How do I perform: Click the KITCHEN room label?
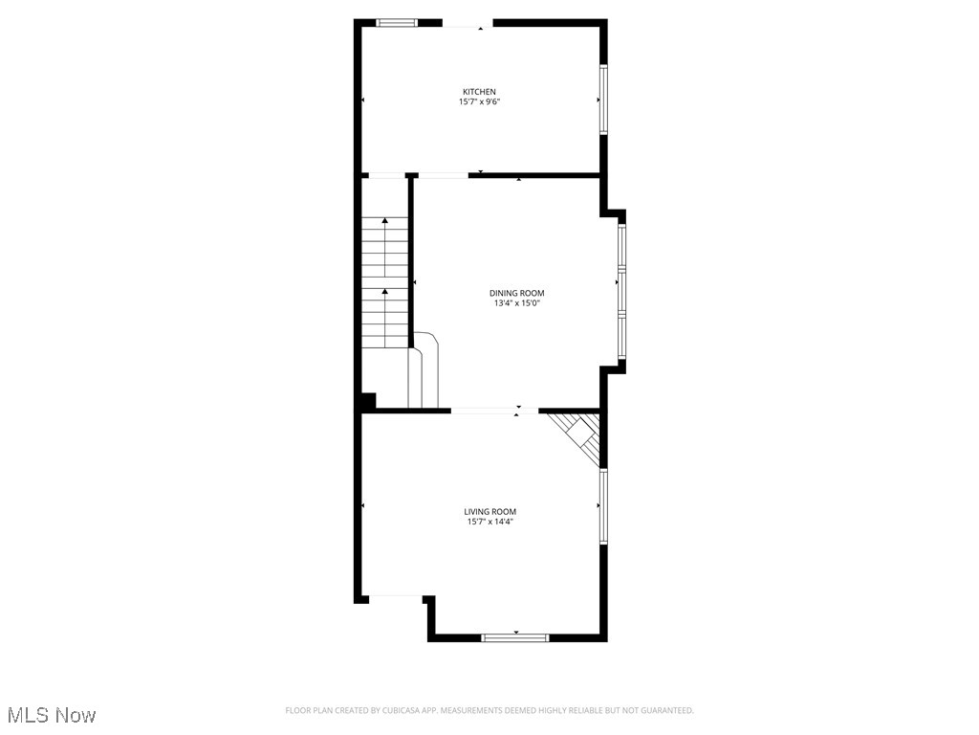pyautogui.click(x=479, y=92)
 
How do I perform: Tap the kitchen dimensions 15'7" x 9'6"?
pyautogui.click(x=479, y=101)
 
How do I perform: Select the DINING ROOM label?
pyautogui.click(x=516, y=293)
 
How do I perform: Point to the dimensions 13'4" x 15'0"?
pyautogui.click(x=516, y=303)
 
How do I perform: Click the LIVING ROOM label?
pyautogui.click(x=489, y=512)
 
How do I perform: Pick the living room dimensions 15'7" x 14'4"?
pyautogui.click(x=489, y=523)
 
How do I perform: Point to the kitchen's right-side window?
pyautogui.click(x=602, y=100)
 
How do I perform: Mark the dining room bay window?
pyautogui.click(x=621, y=291)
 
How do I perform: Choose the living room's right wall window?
pyautogui.click(x=602, y=505)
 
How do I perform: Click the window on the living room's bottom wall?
pyautogui.click(x=515, y=636)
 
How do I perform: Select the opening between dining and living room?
pyautogui.click(x=494, y=412)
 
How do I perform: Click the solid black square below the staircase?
pyautogui.click(x=368, y=402)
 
